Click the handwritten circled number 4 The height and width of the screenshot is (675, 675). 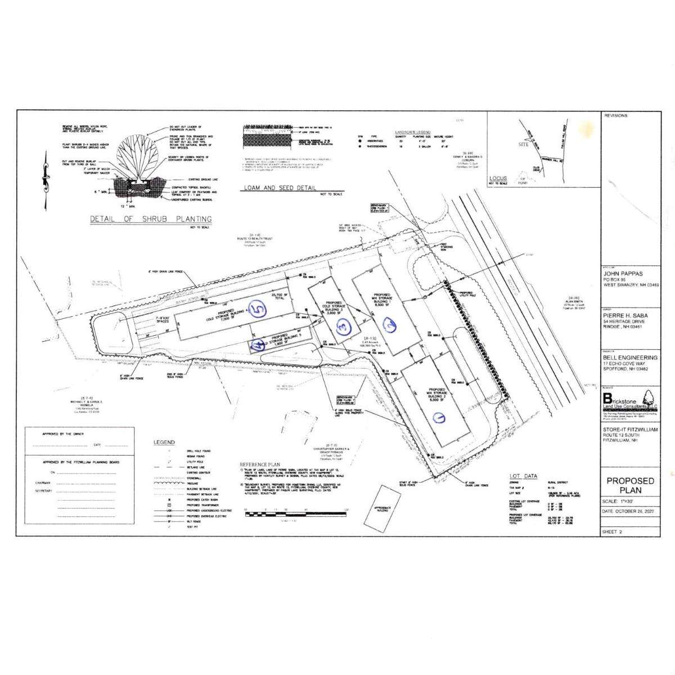coord(259,346)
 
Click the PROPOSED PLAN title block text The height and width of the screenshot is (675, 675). coord(630,485)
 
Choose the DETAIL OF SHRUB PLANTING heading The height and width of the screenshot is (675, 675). coord(151,219)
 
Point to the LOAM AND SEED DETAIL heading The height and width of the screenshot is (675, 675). coord(280,188)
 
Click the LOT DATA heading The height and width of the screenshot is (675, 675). coord(523,475)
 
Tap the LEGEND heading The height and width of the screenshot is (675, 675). coord(164,442)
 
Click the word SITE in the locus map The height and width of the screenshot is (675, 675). coord(523,145)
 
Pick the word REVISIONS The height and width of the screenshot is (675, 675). coord(616,115)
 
